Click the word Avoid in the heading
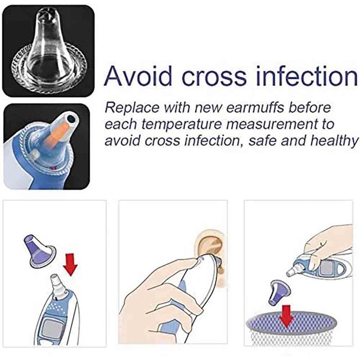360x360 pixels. tap(138, 76)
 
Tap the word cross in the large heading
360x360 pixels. tap(214, 76)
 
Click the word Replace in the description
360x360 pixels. tap(132, 108)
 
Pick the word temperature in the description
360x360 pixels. tap(181, 125)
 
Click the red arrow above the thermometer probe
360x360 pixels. tap(70, 265)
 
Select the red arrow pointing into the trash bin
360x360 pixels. tap(286, 316)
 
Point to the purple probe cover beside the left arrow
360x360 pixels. tap(39, 251)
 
